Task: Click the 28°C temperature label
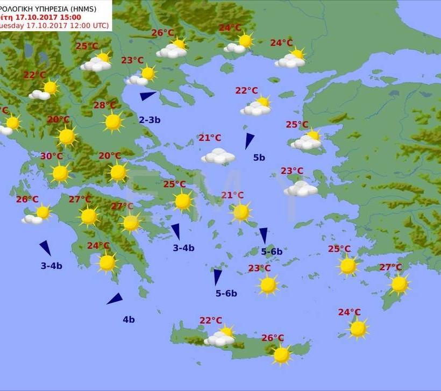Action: [105, 105]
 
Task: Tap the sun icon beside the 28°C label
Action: [113, 122]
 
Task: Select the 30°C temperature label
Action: [52, 157]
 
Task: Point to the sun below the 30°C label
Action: [60, 173]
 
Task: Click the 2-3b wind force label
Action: [150, 120]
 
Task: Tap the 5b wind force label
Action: [259, 158]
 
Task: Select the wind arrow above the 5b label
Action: [248, 140]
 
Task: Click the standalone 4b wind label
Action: [129, 319]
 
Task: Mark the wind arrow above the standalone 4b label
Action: [115, 299]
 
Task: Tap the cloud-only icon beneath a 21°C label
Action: [218, 157]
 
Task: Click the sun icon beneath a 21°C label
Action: [241, 212]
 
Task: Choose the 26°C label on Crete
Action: [273, 338]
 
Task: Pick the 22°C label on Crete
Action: [211, 321]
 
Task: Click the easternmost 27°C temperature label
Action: [390, 267]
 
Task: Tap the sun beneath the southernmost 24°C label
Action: [358, 328]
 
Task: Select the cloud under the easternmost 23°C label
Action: [301, 189]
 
